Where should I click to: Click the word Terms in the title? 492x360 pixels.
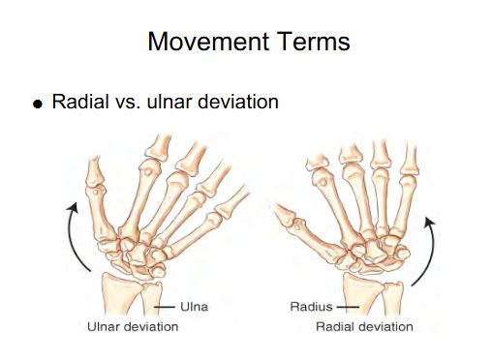coord(312,42)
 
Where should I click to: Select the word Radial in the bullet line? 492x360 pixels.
coord(78,102)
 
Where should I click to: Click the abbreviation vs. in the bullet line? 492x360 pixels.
coord(126,102)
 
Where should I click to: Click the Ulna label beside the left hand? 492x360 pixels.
coord(193,307)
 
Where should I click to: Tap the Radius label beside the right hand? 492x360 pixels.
coord(310,307)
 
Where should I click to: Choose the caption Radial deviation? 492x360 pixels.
coord(365,327)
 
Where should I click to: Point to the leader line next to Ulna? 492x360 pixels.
coord(167,307)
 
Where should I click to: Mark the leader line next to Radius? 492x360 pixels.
coord(345,307)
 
